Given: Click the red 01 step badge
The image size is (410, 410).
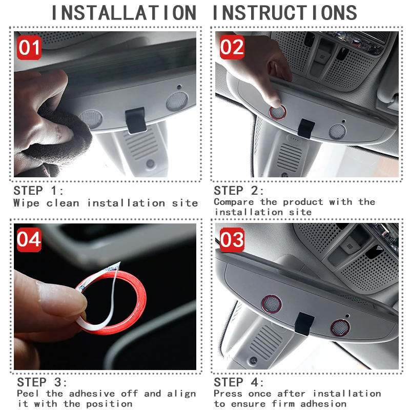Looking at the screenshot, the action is click(x=29, y=48).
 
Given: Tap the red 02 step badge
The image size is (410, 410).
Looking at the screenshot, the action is click(x=232, y=47).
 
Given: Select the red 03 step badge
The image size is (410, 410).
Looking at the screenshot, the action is click(x=232, y=239).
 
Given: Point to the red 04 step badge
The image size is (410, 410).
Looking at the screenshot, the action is click(x=29, y=239).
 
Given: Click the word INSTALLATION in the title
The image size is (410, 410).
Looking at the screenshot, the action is click(x=124, y=13).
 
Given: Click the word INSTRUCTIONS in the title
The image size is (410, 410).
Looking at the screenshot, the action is click(x=285, y=13).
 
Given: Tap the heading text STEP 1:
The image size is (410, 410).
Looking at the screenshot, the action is click(x=38, y=191).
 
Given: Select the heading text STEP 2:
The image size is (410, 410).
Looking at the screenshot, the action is click(x=239, y=191).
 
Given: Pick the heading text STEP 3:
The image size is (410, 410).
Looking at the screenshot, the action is click(x=42, y=382).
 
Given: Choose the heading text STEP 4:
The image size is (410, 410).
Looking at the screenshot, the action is click(x=239, y=382).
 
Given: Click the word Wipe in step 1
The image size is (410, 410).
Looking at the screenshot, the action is click(x=27, y=203).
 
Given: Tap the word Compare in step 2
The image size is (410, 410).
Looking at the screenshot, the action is click(x=234, y=202).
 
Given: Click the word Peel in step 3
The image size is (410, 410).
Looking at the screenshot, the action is click(x=28, y=393).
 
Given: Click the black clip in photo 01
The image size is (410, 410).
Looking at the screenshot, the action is click(x=136, y=120).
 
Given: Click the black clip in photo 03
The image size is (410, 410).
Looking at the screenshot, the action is click(x=304, y=324).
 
